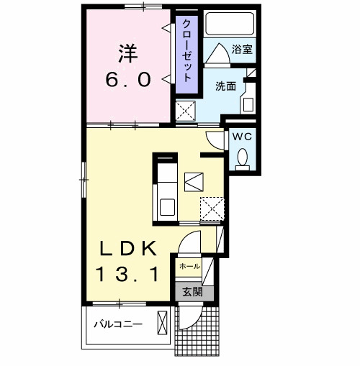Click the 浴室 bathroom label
pyautogui.click(x=241, y=50)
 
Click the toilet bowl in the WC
pyautogui.click(x=242, y=156)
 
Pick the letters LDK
pyautogui.click(x=128, y=249)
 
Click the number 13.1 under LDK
pyautogui.click(x=128, y=274)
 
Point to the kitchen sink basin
pyautogui.click(x=166, y=207)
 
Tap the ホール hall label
pyautogui.click(x=189, y=266)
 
